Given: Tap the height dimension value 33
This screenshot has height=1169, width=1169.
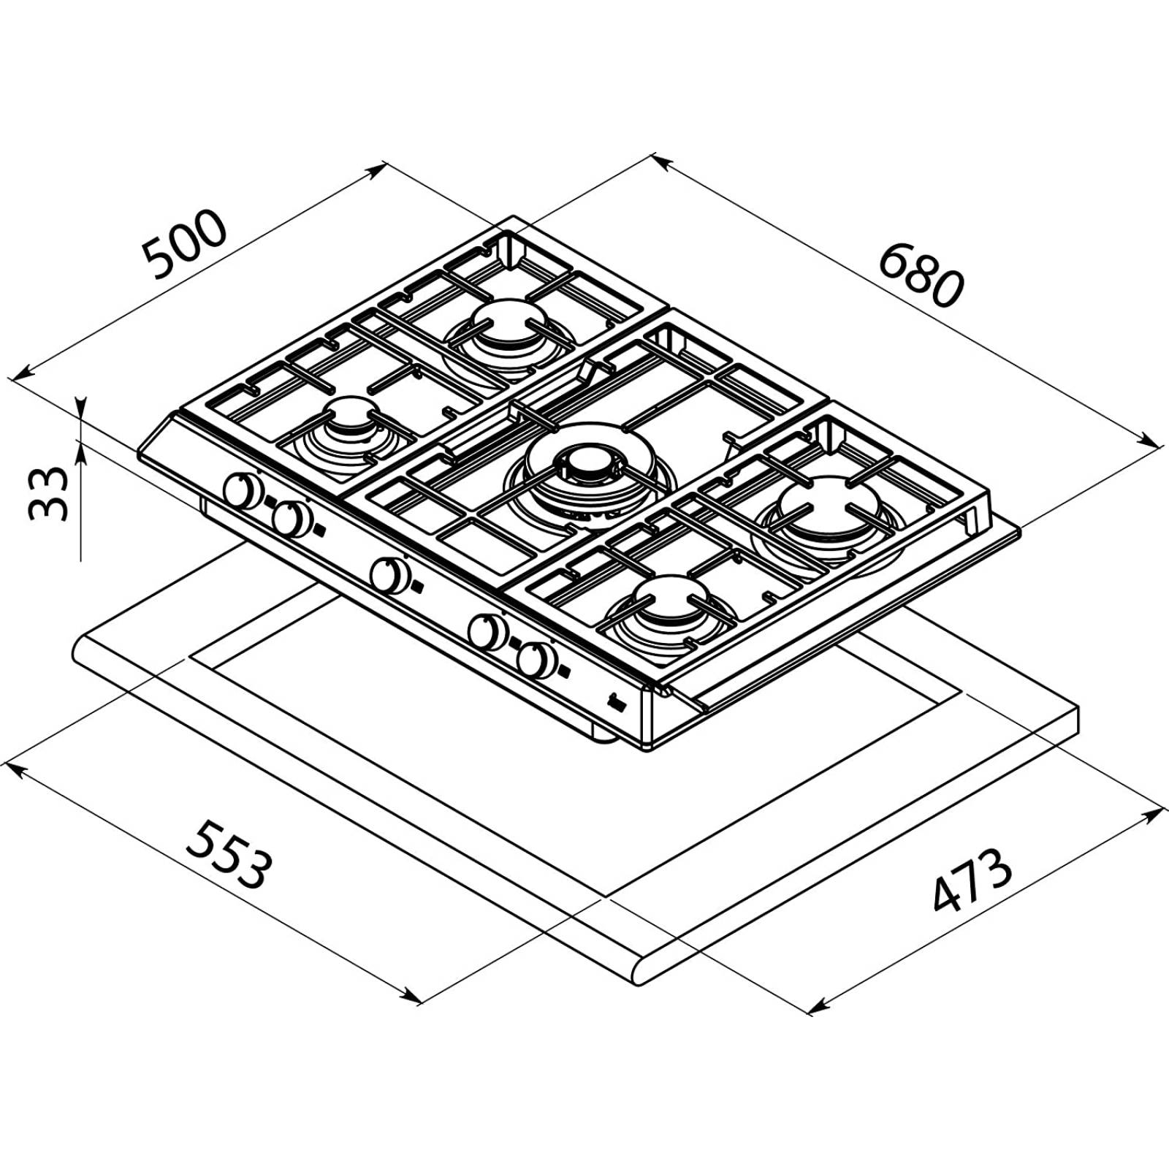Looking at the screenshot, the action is click(48, 493).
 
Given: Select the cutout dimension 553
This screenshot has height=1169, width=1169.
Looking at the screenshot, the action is click(229, 854).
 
